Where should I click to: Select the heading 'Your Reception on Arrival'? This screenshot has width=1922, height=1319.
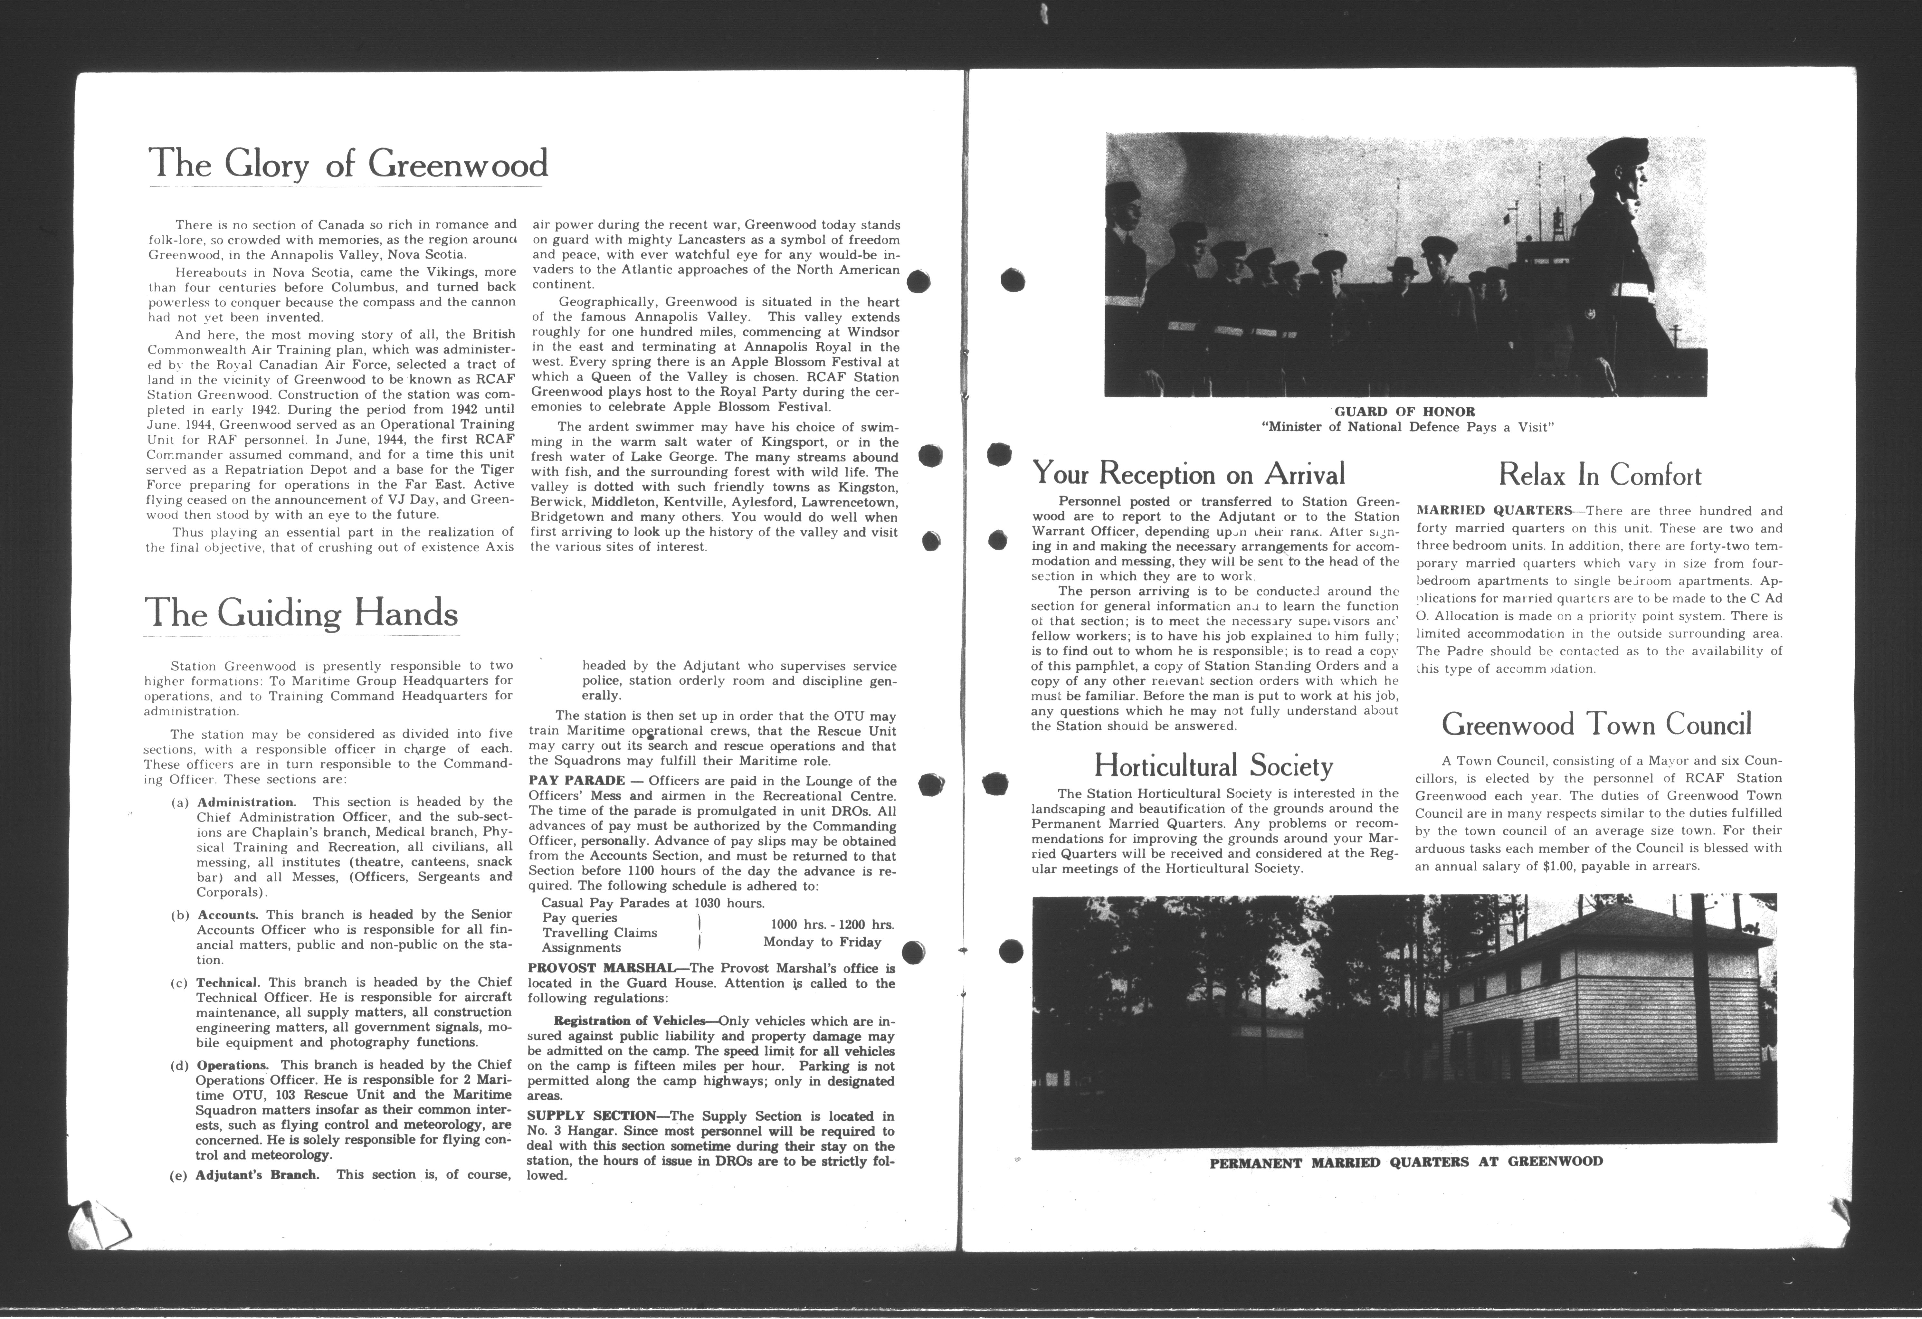1188,474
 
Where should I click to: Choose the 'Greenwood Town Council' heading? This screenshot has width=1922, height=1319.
1596,725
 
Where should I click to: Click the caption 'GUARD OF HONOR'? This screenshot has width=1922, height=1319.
1404,411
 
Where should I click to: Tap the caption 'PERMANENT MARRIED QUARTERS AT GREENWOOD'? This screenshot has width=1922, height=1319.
1406,1162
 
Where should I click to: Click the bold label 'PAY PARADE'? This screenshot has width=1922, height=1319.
576,781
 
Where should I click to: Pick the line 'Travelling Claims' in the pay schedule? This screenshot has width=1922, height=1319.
600,933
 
